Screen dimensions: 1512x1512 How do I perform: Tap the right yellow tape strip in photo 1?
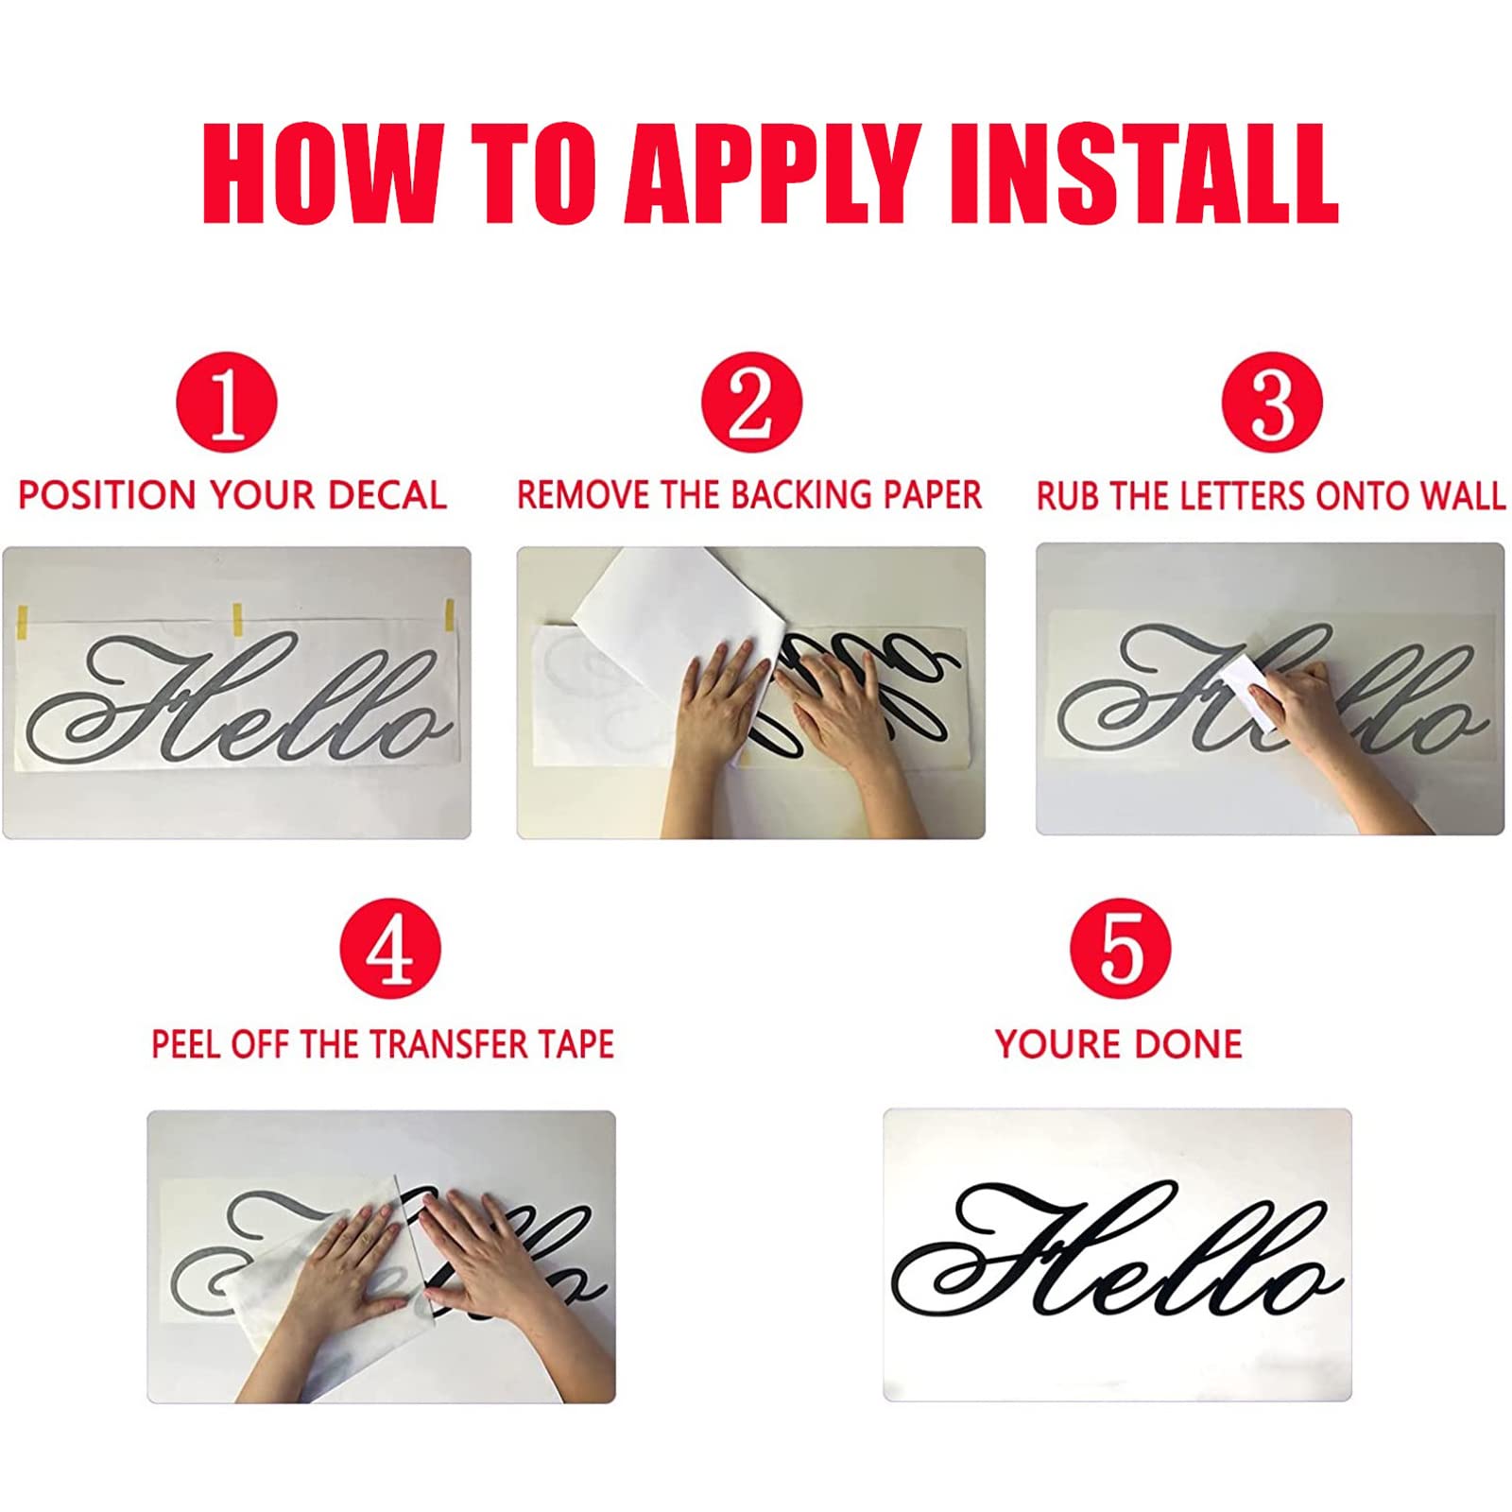click(450, 615)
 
